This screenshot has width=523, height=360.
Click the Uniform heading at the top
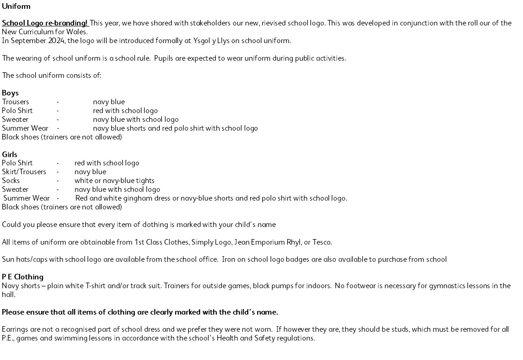point(16,6)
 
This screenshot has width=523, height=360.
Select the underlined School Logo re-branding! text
point(45,23)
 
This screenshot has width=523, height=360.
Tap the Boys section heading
point(10,93)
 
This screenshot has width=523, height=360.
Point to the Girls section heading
point(10,154)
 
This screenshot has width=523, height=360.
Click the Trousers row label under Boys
point(15,102)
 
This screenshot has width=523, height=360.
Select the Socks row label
point(11,181)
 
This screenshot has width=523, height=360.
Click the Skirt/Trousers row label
point(24,172)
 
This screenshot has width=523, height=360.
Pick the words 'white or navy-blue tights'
point(114,181)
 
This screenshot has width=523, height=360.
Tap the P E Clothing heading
point(23,277)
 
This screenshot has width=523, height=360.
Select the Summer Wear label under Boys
point(25,128)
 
